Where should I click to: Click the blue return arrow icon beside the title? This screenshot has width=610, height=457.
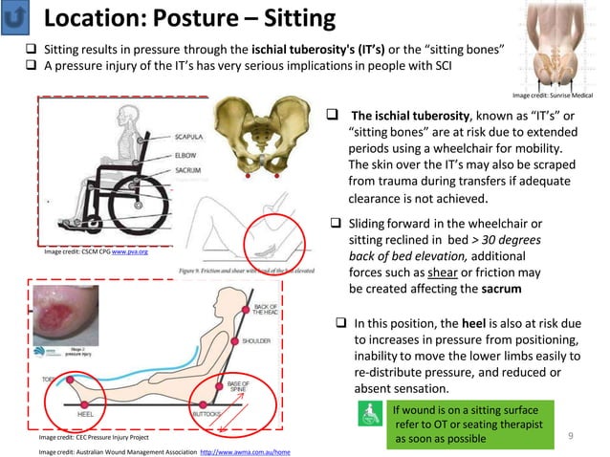pyautogui.click(x=19, y=18)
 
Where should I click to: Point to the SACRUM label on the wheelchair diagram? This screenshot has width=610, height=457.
pyautogui.click(x=188, y=168)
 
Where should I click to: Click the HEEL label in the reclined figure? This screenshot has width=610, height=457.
pyautogui.click(x=83, y=414)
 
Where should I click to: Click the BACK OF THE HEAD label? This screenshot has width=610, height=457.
pyautogui.click(x=266, y=310)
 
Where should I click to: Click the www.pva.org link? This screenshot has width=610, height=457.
pyautogui.click(x=130, y=252)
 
